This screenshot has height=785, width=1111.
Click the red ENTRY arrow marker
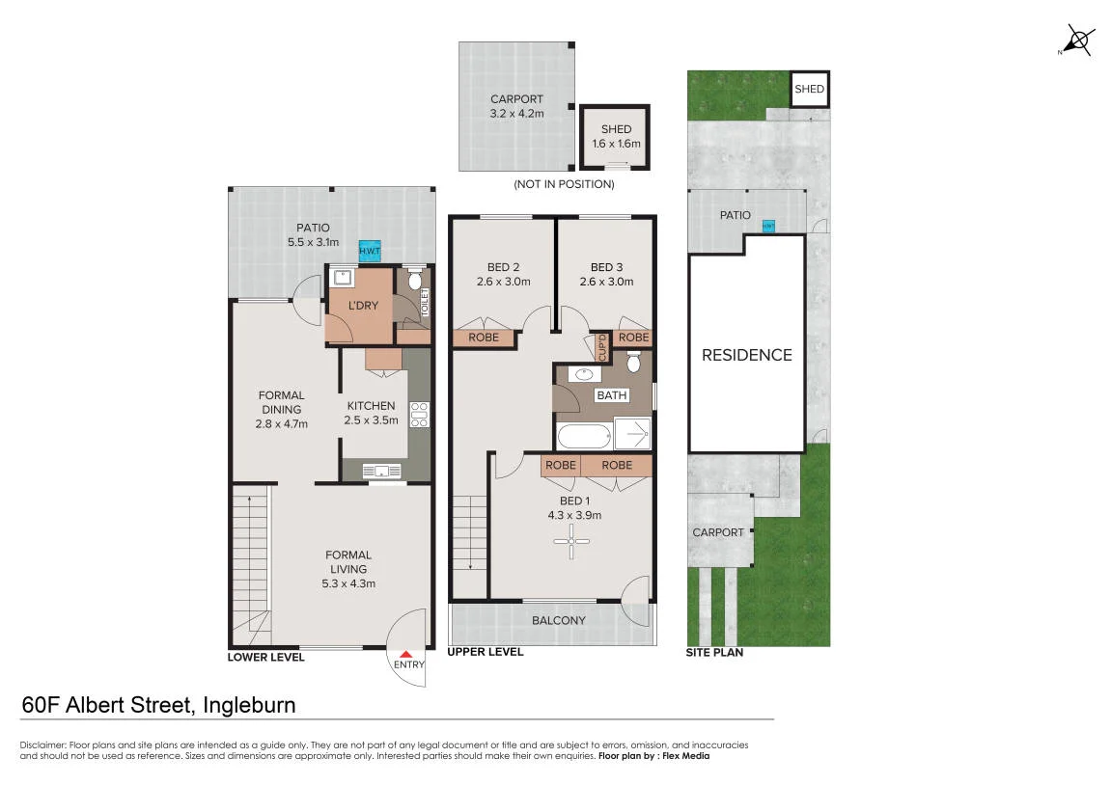coord(405,655)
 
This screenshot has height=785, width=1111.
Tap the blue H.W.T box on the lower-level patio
coord(369,251)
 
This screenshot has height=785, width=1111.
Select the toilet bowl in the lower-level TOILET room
coord(415,281)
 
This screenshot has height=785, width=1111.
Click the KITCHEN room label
coord(372,406)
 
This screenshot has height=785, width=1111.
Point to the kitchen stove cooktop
coord(420,415)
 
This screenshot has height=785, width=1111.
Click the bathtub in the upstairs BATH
coord(584,435)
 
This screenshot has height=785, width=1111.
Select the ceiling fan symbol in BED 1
coord(571,542)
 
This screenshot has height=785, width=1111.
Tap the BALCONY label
coord(559,621)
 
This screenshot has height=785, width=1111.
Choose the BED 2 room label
coord(504,267)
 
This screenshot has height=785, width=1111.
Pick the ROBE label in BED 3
coord(633,338)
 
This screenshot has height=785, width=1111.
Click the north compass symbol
coord(1077,40)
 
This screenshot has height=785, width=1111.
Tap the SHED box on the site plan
coord(809,89)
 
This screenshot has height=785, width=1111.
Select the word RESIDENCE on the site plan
coord(747,355)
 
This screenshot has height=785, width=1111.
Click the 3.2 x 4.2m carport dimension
coord(517,113)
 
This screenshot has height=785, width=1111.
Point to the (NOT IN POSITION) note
coord(564,184)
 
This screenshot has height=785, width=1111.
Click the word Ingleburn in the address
coord(249,705)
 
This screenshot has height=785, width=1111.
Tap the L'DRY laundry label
coord(363,306)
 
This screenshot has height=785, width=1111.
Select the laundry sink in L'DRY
coord(343,277)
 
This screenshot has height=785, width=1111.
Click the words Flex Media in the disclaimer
coord(686,756)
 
